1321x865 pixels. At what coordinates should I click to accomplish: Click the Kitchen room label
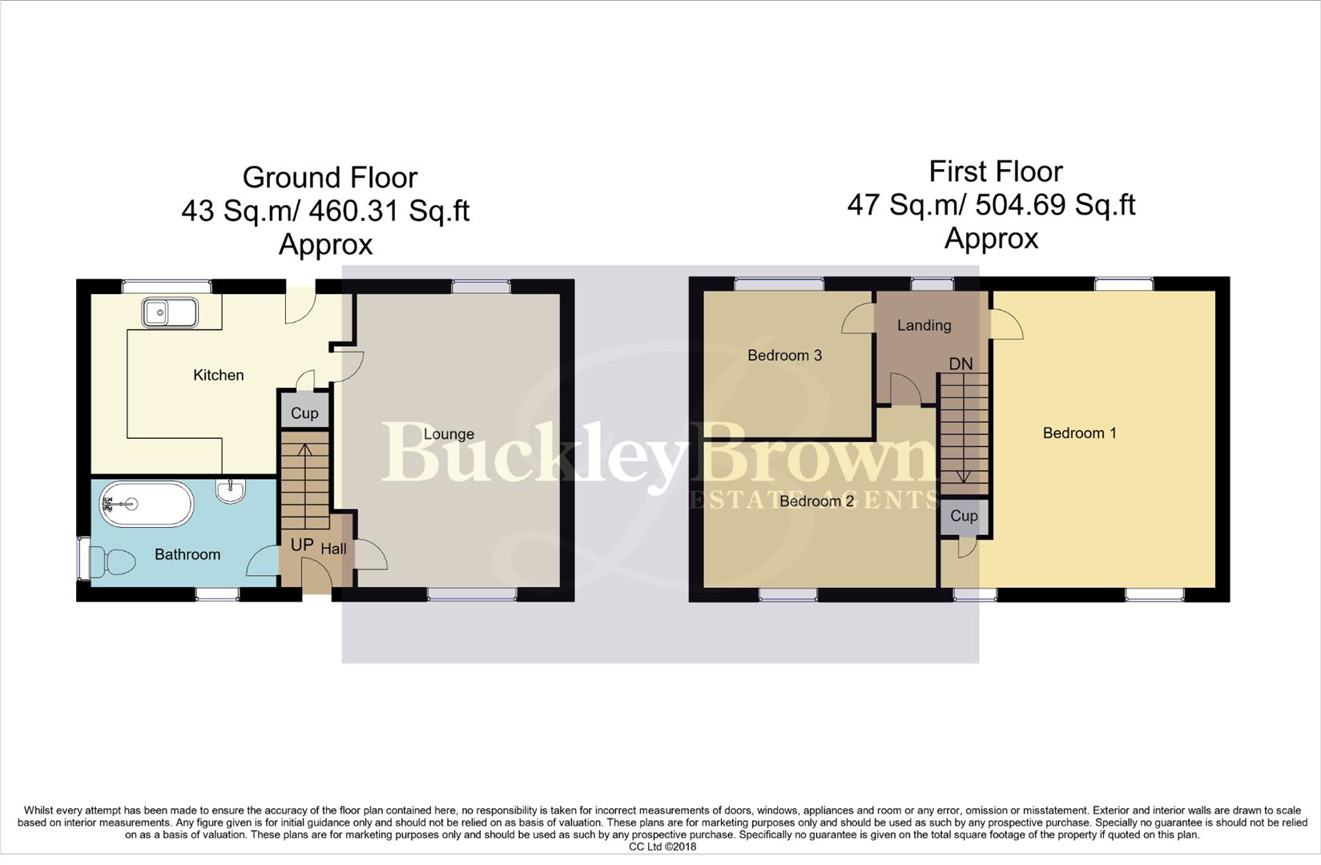218,375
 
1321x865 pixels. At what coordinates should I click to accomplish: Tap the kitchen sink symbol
169,312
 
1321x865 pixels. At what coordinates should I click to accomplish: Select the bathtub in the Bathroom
147,504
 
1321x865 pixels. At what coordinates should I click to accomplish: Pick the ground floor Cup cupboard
304,412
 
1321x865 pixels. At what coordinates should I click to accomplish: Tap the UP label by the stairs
301,545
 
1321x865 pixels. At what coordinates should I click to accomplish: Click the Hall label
333,549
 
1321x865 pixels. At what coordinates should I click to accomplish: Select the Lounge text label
449,434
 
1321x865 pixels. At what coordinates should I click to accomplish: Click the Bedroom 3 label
784,356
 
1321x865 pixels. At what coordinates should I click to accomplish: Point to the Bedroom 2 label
816,501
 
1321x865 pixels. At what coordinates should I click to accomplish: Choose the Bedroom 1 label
1079,433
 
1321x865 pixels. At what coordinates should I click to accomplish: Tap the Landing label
924,325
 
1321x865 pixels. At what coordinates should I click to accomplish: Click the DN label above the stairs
961,364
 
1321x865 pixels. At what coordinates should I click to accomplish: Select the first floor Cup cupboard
964,516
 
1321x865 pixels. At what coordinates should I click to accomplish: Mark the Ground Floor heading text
329,177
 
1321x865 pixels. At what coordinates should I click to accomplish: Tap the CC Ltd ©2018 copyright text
662,847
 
